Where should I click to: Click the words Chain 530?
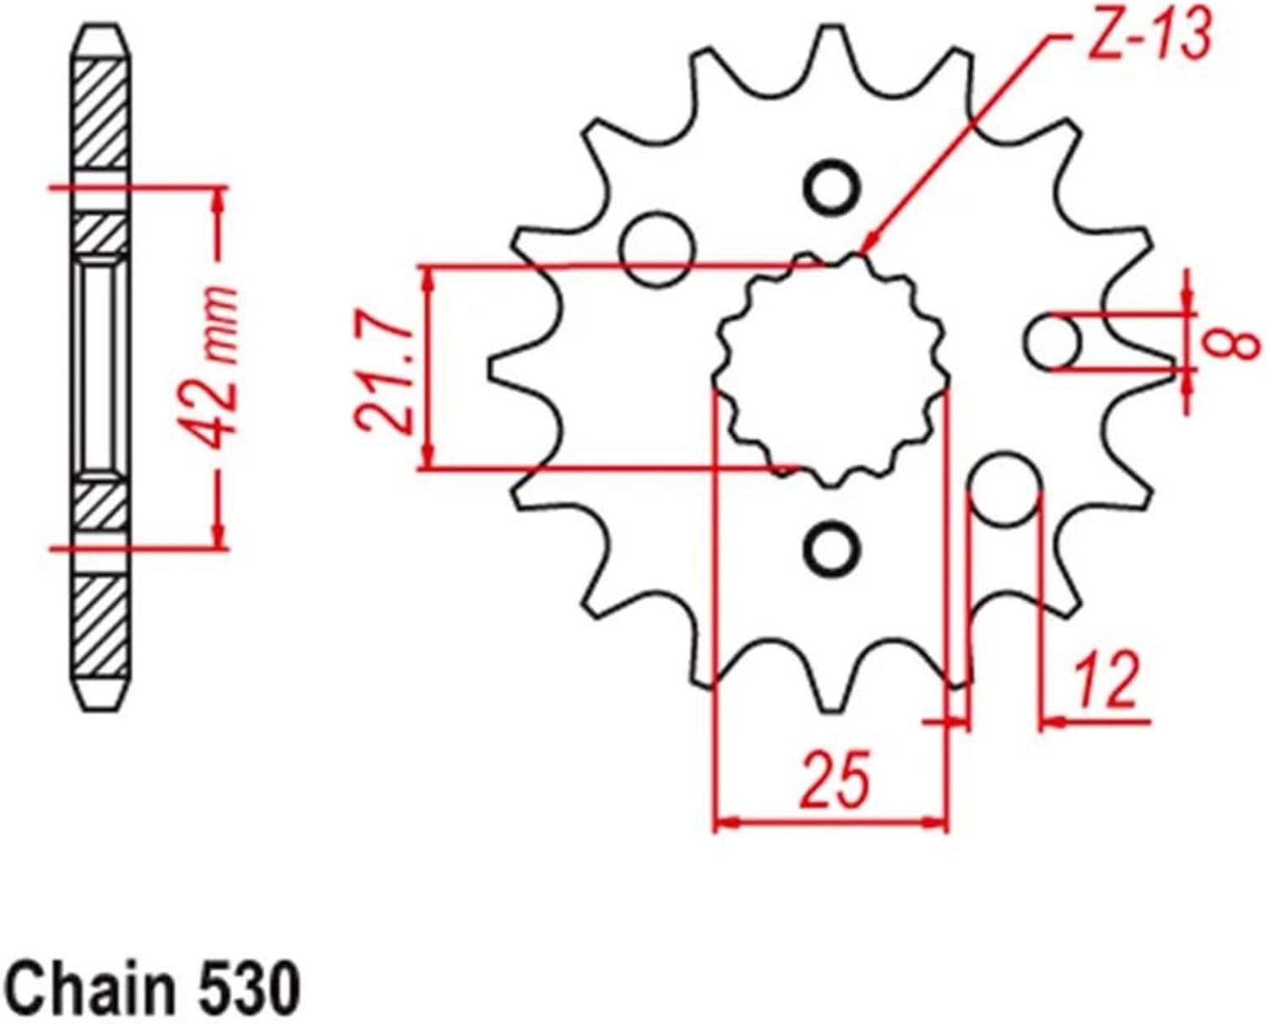(x=153, y=985)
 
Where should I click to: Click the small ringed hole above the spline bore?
(x=832, y=187)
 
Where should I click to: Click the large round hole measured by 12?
(x=1003, y=489)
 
